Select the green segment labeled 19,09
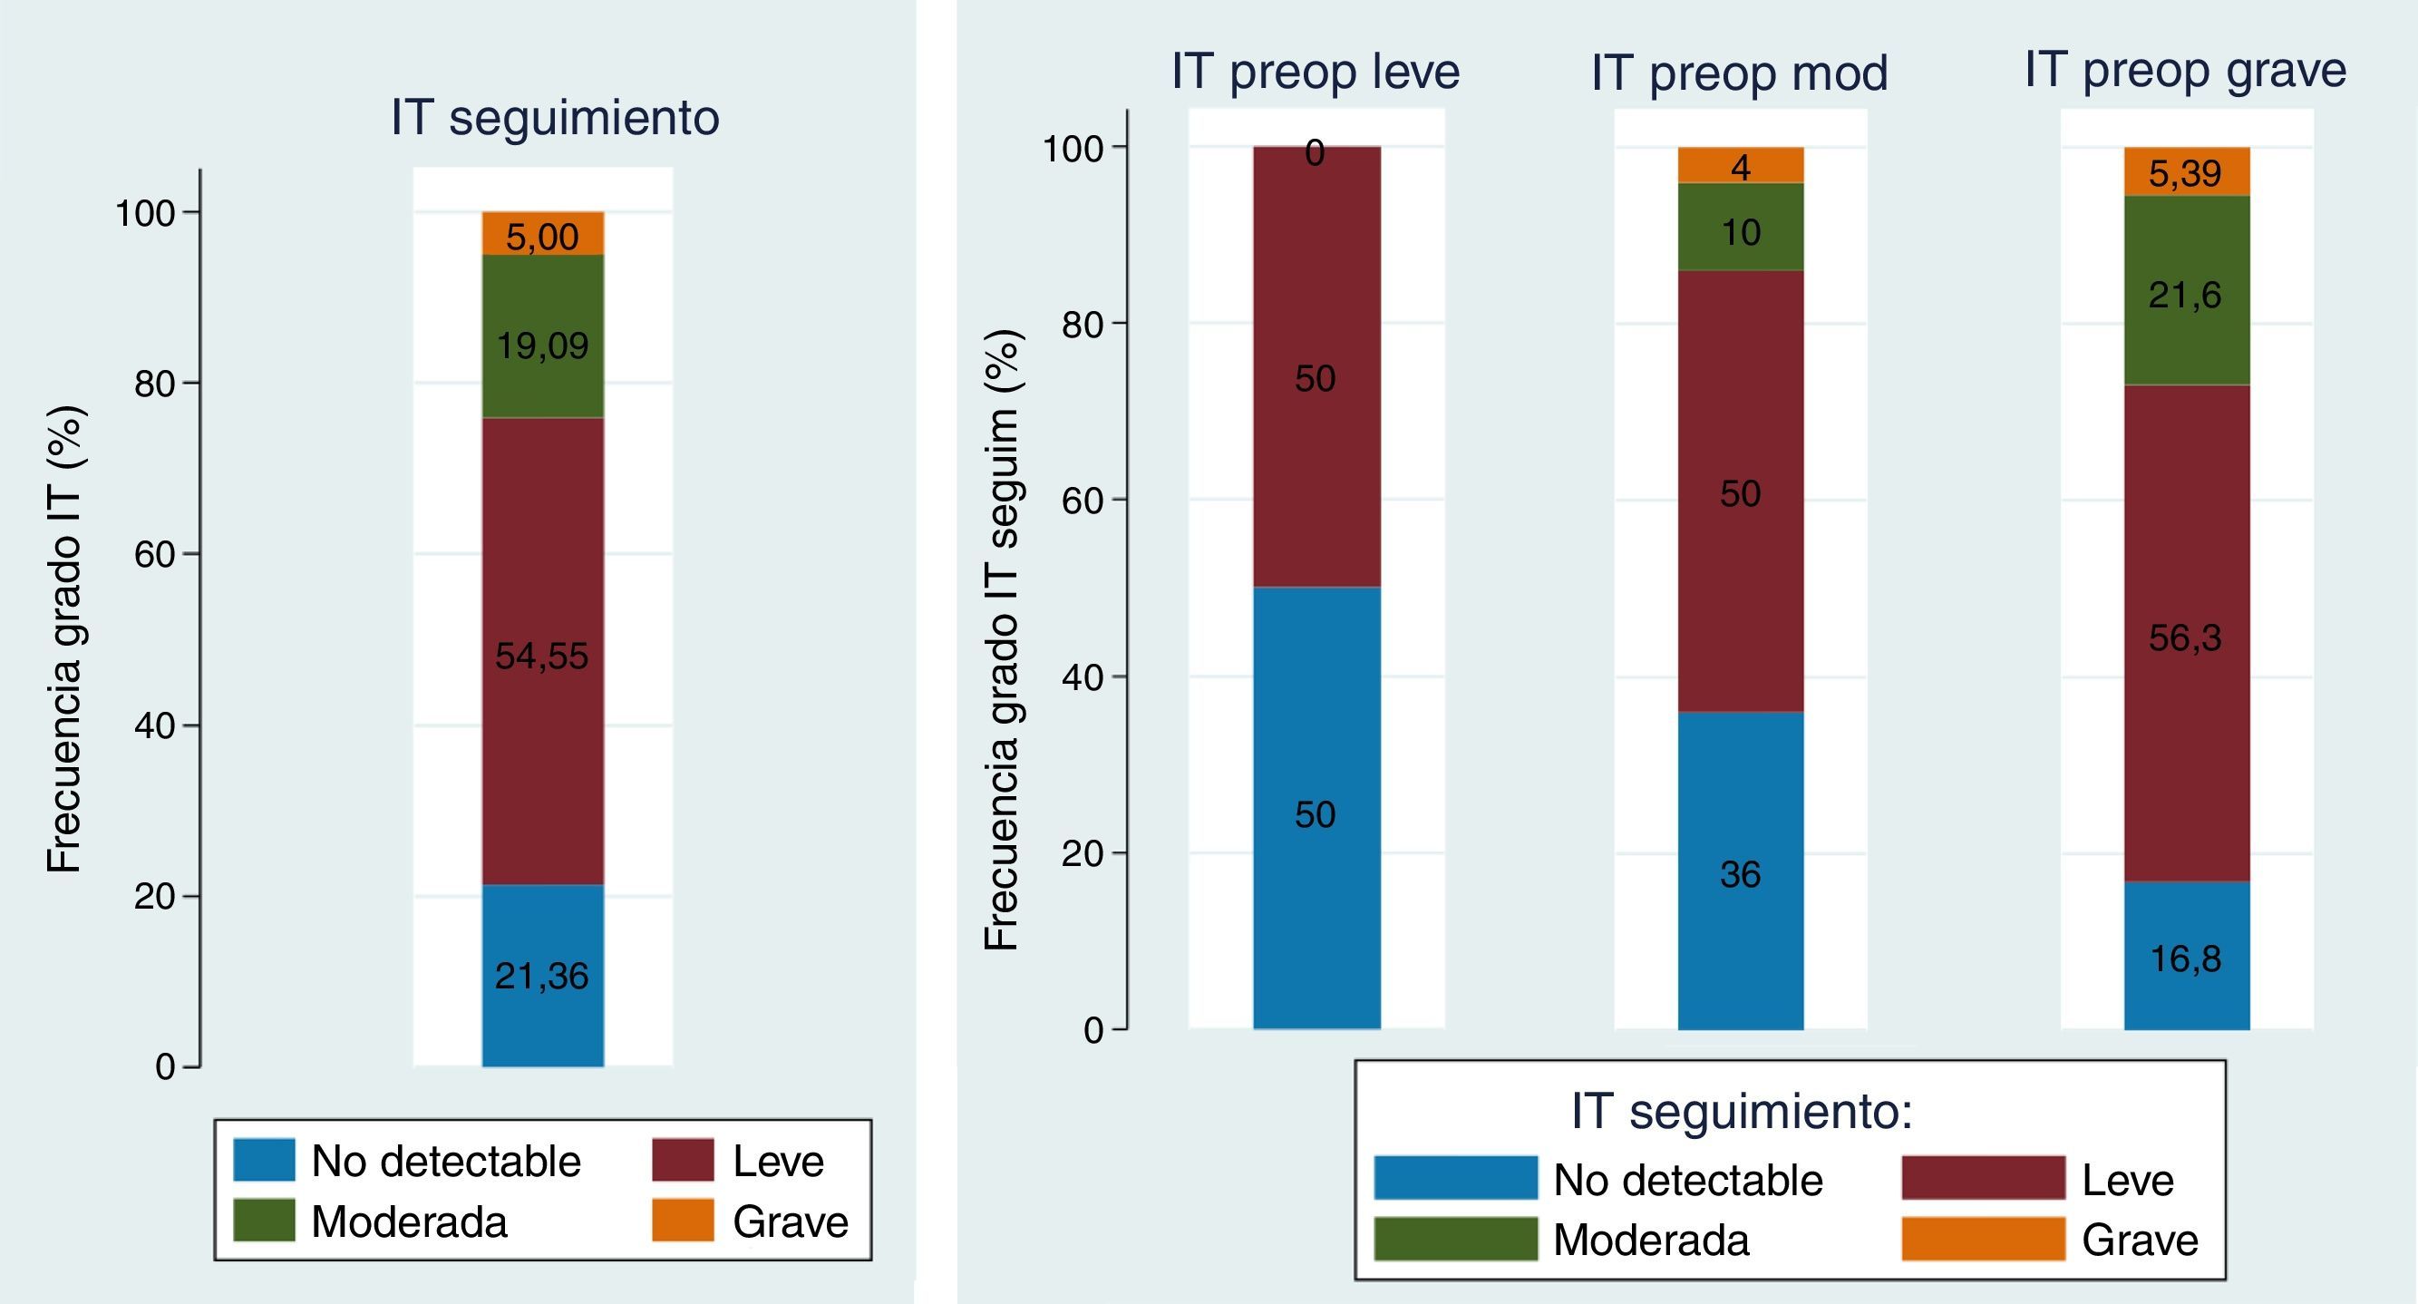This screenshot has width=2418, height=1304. (542, 336)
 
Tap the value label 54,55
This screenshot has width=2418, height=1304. (541, 656)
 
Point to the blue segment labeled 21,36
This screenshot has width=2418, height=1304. (542, 977)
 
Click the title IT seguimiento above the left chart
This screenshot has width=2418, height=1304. (555, 118)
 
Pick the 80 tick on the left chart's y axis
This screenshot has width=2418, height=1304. (155, 383)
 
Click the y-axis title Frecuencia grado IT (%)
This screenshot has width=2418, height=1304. (65, 639)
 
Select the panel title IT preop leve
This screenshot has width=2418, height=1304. (1315, 72)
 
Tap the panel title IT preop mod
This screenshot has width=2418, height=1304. (1739, 73)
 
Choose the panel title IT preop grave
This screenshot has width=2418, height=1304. (2185, 70)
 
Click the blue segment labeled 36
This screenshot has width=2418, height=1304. (1740, 873)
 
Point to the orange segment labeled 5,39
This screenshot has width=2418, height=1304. (2186, 171)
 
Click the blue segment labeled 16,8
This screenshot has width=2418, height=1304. (2186, 958)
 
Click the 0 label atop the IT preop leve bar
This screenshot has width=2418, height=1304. (1315, 153)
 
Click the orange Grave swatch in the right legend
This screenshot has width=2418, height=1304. (1984, 1239)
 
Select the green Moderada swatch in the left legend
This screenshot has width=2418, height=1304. (264, 1221)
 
